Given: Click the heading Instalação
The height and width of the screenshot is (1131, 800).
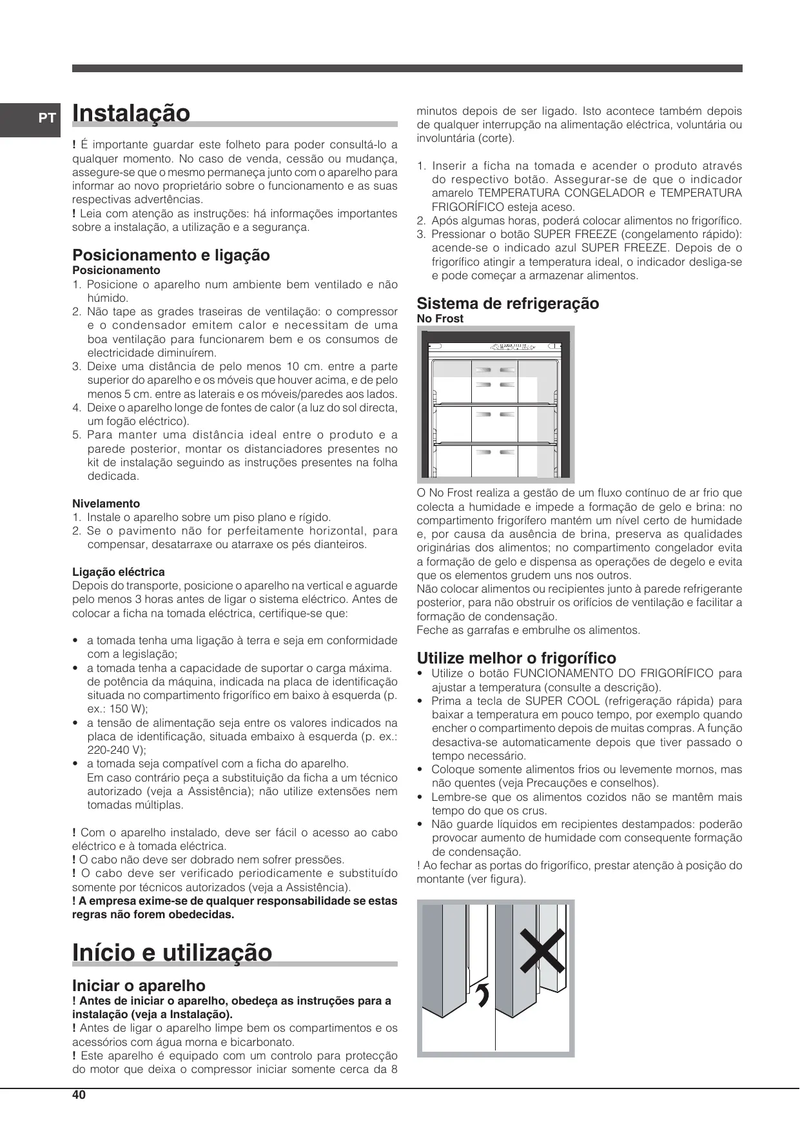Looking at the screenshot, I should (132, 113).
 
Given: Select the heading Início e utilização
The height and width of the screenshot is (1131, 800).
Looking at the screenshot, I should (172, 952).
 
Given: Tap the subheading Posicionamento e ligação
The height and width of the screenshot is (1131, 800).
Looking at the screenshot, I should (171, 255).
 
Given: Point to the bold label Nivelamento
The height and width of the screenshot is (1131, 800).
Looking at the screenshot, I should (106, 504).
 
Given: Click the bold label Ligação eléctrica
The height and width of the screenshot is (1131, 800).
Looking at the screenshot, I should (119, 572).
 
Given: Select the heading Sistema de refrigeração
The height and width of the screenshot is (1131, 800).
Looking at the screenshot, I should (508, 304).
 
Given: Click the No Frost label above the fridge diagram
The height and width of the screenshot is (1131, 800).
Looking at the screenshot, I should (440, 319).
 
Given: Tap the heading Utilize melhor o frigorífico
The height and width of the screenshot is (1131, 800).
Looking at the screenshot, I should (516, 658).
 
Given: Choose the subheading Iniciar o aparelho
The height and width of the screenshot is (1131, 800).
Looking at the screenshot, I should (139, 986).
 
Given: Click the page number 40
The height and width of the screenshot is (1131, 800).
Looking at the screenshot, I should (79, 1095).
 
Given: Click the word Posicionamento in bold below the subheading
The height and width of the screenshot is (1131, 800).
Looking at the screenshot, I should (116, 270).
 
